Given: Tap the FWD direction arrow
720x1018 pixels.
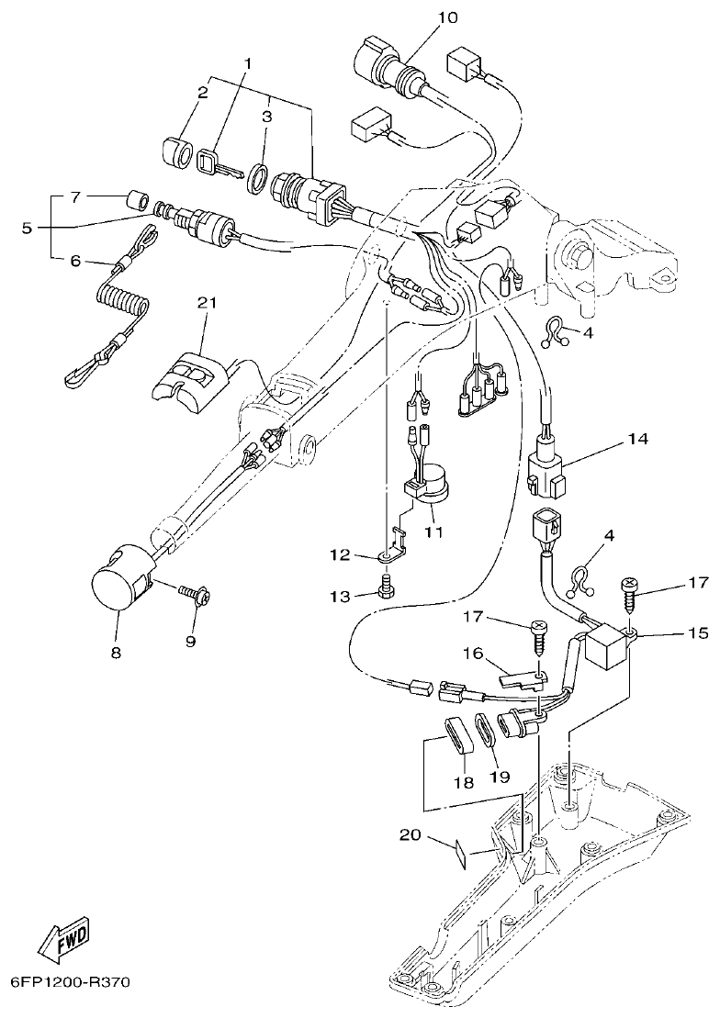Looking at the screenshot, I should (x=63, y=938).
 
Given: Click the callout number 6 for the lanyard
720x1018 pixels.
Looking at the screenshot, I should (x=76, y=261).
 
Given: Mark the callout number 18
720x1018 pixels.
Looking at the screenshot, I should (x=463, y=782).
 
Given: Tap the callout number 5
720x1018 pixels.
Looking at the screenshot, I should (x=28, y=227).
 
